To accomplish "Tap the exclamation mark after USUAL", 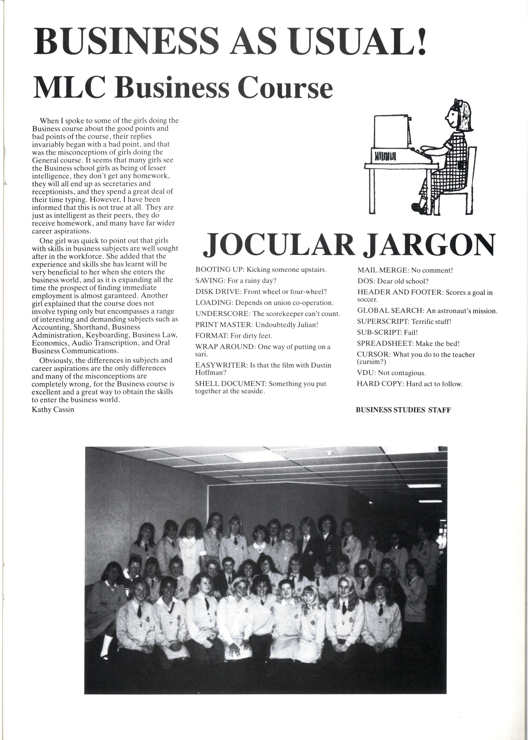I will coord(421,41).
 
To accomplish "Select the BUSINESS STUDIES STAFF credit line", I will coord(403,410).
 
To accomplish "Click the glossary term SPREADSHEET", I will coord(385,343).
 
